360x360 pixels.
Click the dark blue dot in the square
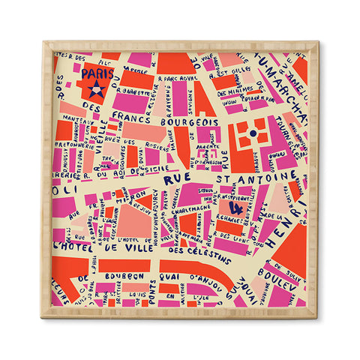pyautogui.click(x=253, y=133)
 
